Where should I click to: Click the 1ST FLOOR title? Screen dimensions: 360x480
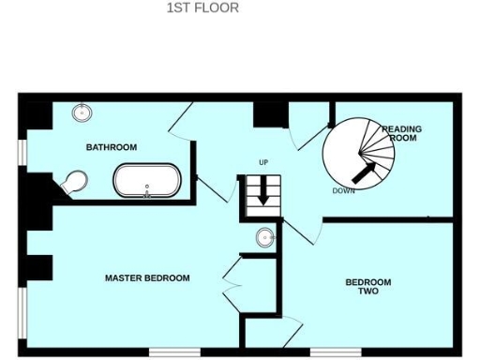(202, 8)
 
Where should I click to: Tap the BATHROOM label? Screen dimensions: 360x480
(112, 147)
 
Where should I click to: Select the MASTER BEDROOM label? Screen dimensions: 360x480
(147, 278)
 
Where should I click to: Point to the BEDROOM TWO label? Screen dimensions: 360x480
(367, 287)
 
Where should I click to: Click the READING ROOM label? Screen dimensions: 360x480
(401, 133)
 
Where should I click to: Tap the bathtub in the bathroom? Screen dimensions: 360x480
(147, 181)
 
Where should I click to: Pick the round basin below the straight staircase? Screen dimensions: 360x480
(265, 237)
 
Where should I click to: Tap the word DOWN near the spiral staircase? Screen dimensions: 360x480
(343, 191)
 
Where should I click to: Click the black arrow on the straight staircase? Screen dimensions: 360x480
(263, 193)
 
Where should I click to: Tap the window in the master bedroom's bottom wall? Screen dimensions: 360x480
(173, 352)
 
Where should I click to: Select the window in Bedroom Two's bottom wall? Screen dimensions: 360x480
(336, 352)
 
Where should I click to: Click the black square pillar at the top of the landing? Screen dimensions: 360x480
(270, 112)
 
